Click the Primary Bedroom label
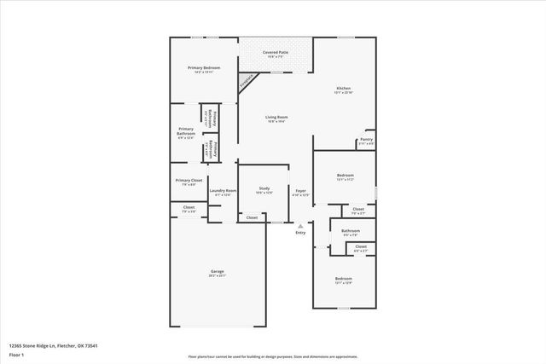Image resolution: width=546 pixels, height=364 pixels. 205,67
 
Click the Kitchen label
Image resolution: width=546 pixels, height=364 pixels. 343,88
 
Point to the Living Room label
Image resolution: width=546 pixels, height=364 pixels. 276,117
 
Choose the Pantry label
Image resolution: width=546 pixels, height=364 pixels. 366,139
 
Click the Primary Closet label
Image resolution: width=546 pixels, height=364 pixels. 189,180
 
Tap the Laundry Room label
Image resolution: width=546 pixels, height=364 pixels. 223,191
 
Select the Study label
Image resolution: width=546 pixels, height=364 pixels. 264,188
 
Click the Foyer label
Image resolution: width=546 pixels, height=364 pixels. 300,191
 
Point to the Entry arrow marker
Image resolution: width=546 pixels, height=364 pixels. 300,225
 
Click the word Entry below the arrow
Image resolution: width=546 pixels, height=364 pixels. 300,233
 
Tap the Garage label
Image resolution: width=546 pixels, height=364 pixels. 218,271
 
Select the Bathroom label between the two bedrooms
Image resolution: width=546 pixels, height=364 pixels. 351,230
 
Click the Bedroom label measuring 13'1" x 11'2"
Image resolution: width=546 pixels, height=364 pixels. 345,176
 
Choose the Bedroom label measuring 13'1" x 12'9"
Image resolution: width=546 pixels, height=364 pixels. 343,279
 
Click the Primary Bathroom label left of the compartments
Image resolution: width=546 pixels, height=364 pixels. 186,131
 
